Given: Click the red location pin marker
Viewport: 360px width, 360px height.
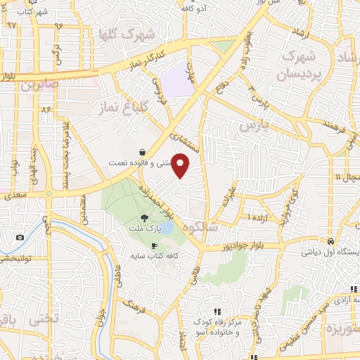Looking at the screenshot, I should click(181, 165).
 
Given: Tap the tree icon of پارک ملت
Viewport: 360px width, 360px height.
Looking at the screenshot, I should click(144, 219).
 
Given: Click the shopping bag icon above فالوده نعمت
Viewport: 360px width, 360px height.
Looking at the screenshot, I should click(143, 152).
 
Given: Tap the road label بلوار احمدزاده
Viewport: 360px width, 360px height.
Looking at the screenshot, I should click(165, 199).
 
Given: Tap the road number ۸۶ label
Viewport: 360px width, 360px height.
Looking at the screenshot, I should click(47, 110).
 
